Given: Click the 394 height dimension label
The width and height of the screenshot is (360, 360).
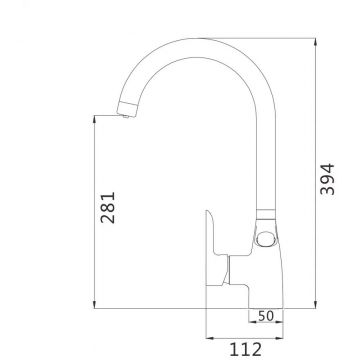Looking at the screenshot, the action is point(327,179).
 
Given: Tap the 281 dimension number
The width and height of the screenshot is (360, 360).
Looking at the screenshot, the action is point(108,207).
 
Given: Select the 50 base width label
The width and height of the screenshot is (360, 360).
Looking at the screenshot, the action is point(266,316).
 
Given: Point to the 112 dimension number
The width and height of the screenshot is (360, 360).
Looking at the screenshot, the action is point(246,350).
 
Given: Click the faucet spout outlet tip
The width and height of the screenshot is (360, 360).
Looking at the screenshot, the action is point(125,116).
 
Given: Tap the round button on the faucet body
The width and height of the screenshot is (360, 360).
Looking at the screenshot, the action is point(265,239).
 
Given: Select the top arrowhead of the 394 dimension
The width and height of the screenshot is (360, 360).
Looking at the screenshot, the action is point(315,42).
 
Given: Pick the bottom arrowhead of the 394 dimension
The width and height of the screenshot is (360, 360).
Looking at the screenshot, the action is point(315,304).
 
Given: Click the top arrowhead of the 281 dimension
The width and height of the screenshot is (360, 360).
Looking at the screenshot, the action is point(95,120).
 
